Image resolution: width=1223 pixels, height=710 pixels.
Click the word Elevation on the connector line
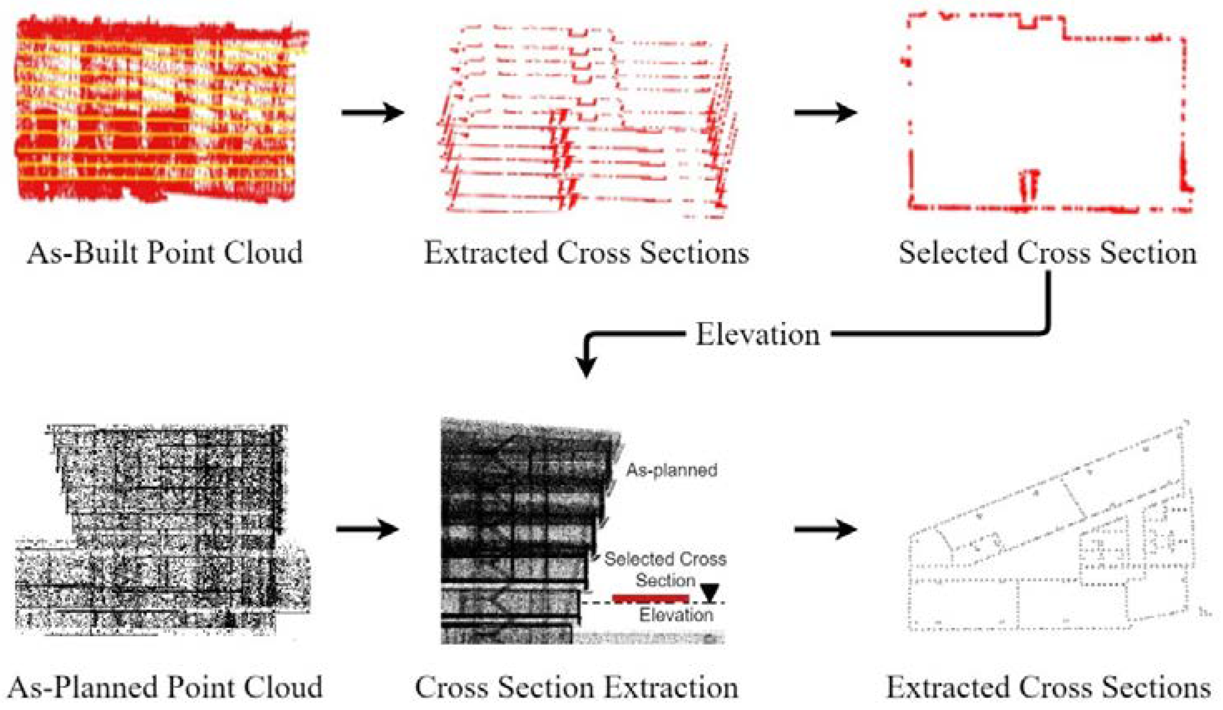(758, 335)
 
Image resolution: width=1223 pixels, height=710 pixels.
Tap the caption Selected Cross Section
(1048, 253)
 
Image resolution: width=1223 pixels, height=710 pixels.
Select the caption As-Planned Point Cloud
(165, 687)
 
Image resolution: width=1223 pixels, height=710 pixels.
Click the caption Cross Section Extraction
(576, 687)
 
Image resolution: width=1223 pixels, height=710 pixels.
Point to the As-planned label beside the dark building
(671, 470)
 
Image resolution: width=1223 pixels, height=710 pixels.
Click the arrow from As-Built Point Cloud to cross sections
(373, 113)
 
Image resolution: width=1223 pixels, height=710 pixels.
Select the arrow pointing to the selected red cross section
(825, 113)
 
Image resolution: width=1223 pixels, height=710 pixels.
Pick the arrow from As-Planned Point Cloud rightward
(367, 529)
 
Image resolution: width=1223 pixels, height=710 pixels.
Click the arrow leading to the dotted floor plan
(825, 529)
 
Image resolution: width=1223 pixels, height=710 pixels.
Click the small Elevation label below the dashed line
(676, 615)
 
